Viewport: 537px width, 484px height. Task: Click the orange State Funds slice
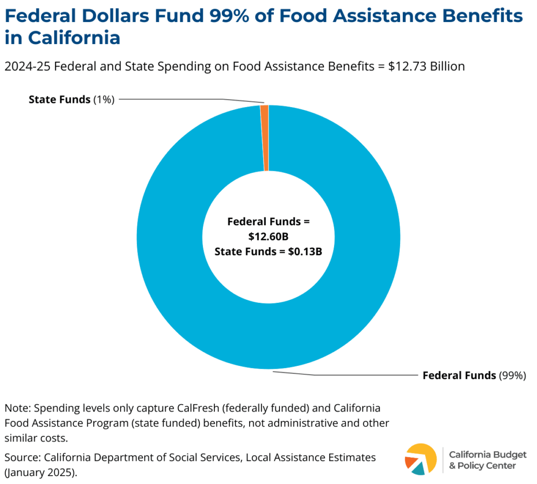[264, 138]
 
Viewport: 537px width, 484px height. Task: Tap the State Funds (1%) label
[71, 99]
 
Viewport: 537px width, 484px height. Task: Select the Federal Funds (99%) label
[474, 375]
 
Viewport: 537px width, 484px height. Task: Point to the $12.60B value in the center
[268, 236]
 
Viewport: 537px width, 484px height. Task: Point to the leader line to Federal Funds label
[346, 375]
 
